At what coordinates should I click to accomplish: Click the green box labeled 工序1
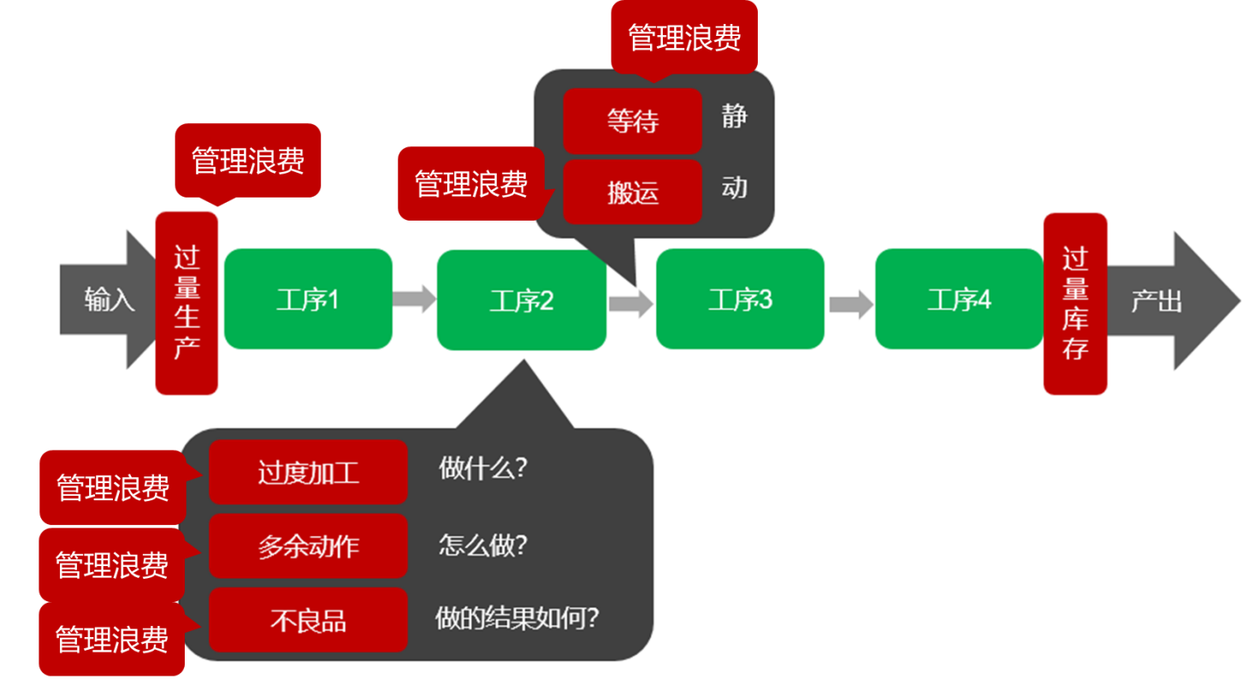pyautogui.click(x=308, y=298)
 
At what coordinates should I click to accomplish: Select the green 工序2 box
pyautogui.click(x=521, y=300)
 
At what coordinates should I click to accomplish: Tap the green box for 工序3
pyautogui.click(x=740, y=298)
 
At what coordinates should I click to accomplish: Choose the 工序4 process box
pyautogui.click(x=959, y=298)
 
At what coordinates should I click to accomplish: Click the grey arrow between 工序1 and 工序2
pyautogui.click(x=414, y=298)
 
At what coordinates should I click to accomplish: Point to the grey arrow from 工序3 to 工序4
pyautogui.click(x=850, y=304)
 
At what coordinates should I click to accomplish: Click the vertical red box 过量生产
pyautogui.click(x=186, y=304)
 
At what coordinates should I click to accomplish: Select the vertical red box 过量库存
pyautogui.click(x=1075, y=304)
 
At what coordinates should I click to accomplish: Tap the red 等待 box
pyautogui.click(x=632, y=121)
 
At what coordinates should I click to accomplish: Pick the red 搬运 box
pyautogui.click(x=632, y=192)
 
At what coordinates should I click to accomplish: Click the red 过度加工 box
pyautogui.click(x=308, y=472)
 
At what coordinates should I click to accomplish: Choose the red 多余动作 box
pyautogui.click(x=308, y=546)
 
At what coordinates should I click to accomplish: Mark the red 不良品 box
pyautogui.click(x=308, y=620)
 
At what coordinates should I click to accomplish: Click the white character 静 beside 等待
pyautogui.click(x=734, y=115)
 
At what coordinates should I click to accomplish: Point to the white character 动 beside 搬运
pyautogui.click(x=734, y=187)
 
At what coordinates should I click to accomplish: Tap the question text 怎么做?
pyautogui.click(x=482, y=545)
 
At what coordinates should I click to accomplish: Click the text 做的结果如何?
pyautogui.click(x=517, y=617)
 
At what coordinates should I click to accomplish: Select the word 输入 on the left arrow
pyautogui.click(x=109, y=300)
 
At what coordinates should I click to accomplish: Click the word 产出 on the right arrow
pyautogui.click(x=1156, y=301)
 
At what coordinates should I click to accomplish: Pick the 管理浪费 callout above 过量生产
pyautogui.click(x=247, y=161)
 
